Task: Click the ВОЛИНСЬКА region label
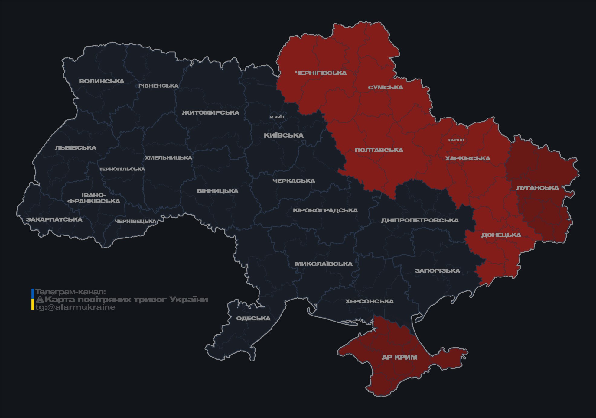tap(102, 81)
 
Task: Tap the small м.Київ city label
tap(277, 117)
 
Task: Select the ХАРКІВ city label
tap(456, 140)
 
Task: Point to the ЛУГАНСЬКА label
tap(537, 188)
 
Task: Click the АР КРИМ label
tap(399, 357)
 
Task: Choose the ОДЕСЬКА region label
tap(253, 319)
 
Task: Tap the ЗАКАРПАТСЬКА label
tap(54, 219)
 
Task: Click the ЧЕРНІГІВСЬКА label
tap(321, 73)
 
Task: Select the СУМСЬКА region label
tap(386, 87)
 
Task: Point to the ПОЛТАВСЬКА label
tap(379, 150)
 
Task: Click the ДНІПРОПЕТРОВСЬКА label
tap(420, 220)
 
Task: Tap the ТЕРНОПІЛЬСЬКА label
tap(122, 169)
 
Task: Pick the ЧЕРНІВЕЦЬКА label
tap(135, 221)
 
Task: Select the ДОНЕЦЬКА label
tap(501, 235)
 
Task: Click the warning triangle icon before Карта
tap(40, 300)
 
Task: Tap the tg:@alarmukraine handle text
tap(75, 307)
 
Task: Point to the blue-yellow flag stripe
tap(33, 300)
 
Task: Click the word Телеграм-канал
tap(70, 292)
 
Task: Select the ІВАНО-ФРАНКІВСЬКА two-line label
tap(94, 198)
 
